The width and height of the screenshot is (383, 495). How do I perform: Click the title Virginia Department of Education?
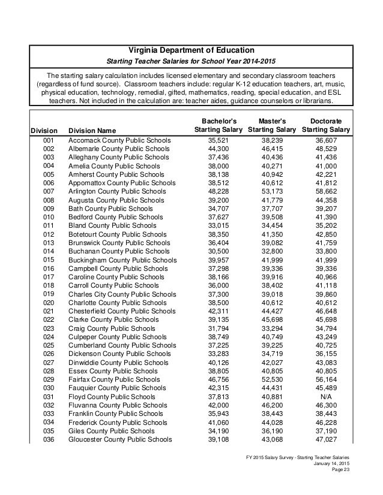pos(191,49)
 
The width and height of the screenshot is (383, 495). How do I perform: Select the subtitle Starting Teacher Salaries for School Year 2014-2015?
pos(191,62)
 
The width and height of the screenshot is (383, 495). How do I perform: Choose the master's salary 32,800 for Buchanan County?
pos(272,252)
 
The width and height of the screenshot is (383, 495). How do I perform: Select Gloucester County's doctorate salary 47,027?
pos(326,439)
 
